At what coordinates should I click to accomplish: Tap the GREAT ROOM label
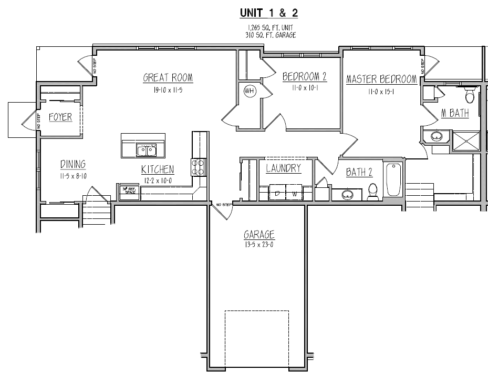(168, 78)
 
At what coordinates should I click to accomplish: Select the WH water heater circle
(249, 91)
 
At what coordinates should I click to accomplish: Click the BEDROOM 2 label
(305, 77)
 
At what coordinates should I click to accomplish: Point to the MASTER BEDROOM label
(381, 79)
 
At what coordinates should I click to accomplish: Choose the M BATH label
(454, 113)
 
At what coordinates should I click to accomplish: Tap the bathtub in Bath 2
(393, 180)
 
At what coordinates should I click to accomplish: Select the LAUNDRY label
(283, 168)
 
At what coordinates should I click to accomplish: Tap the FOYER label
(60, 117)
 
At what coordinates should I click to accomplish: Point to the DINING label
(72, 164)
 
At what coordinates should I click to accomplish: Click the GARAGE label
(259, 235)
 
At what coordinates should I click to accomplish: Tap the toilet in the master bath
(470, 97)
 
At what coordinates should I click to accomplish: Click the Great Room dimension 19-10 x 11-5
(168, 90)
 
